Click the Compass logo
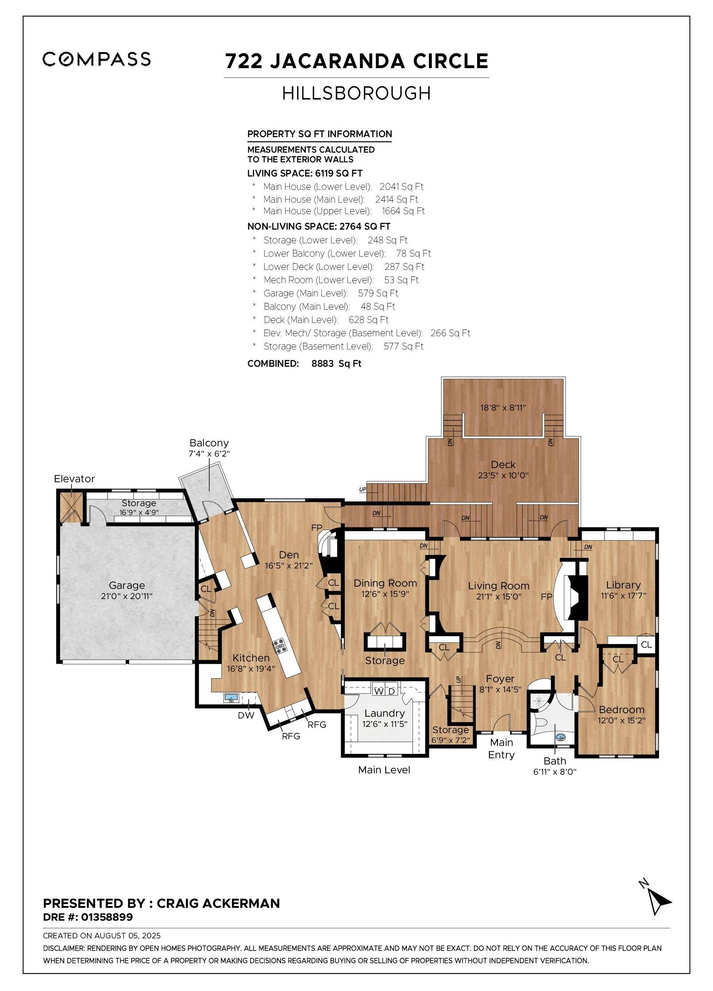click(x=96, y=59)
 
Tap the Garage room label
click(x=127, y=585)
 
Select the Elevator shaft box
click(x=71, y=507)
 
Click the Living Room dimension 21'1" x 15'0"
click(x=498, y=596)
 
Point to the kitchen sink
click(x=231, y=698)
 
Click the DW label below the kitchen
click(x=246, y=715)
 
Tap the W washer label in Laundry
click(x=379, y=691)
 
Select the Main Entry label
click(x=501, y=749)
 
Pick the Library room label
click(x=623, y=585)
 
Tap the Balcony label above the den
click(x=209, y=443)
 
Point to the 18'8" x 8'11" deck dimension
click(x=503, y=408)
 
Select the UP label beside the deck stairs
click(x=363, y=490)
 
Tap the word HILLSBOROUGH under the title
click(x=356, y=93)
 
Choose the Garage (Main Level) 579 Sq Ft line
click(x=330, y=293)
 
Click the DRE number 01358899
click(x=106, y=917)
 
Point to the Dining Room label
click(x=385, y=583)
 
